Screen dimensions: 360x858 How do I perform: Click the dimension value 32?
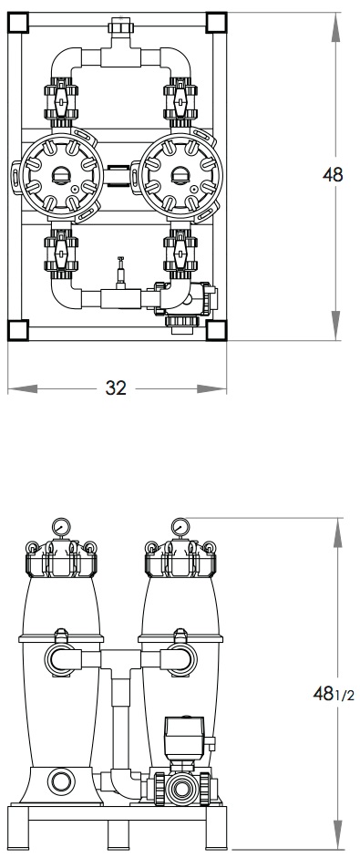116,388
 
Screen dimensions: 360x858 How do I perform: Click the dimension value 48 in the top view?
333,175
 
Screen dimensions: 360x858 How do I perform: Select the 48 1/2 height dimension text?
334,694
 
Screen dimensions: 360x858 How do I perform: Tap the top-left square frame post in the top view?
18,23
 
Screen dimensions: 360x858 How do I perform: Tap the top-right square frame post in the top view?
217,23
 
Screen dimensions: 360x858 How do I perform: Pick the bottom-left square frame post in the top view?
18,330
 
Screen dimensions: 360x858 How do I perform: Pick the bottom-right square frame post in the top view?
217,330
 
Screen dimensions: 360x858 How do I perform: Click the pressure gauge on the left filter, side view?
61,527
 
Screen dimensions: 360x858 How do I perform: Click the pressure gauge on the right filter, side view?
180,527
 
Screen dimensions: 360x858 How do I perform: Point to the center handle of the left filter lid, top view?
58,175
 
